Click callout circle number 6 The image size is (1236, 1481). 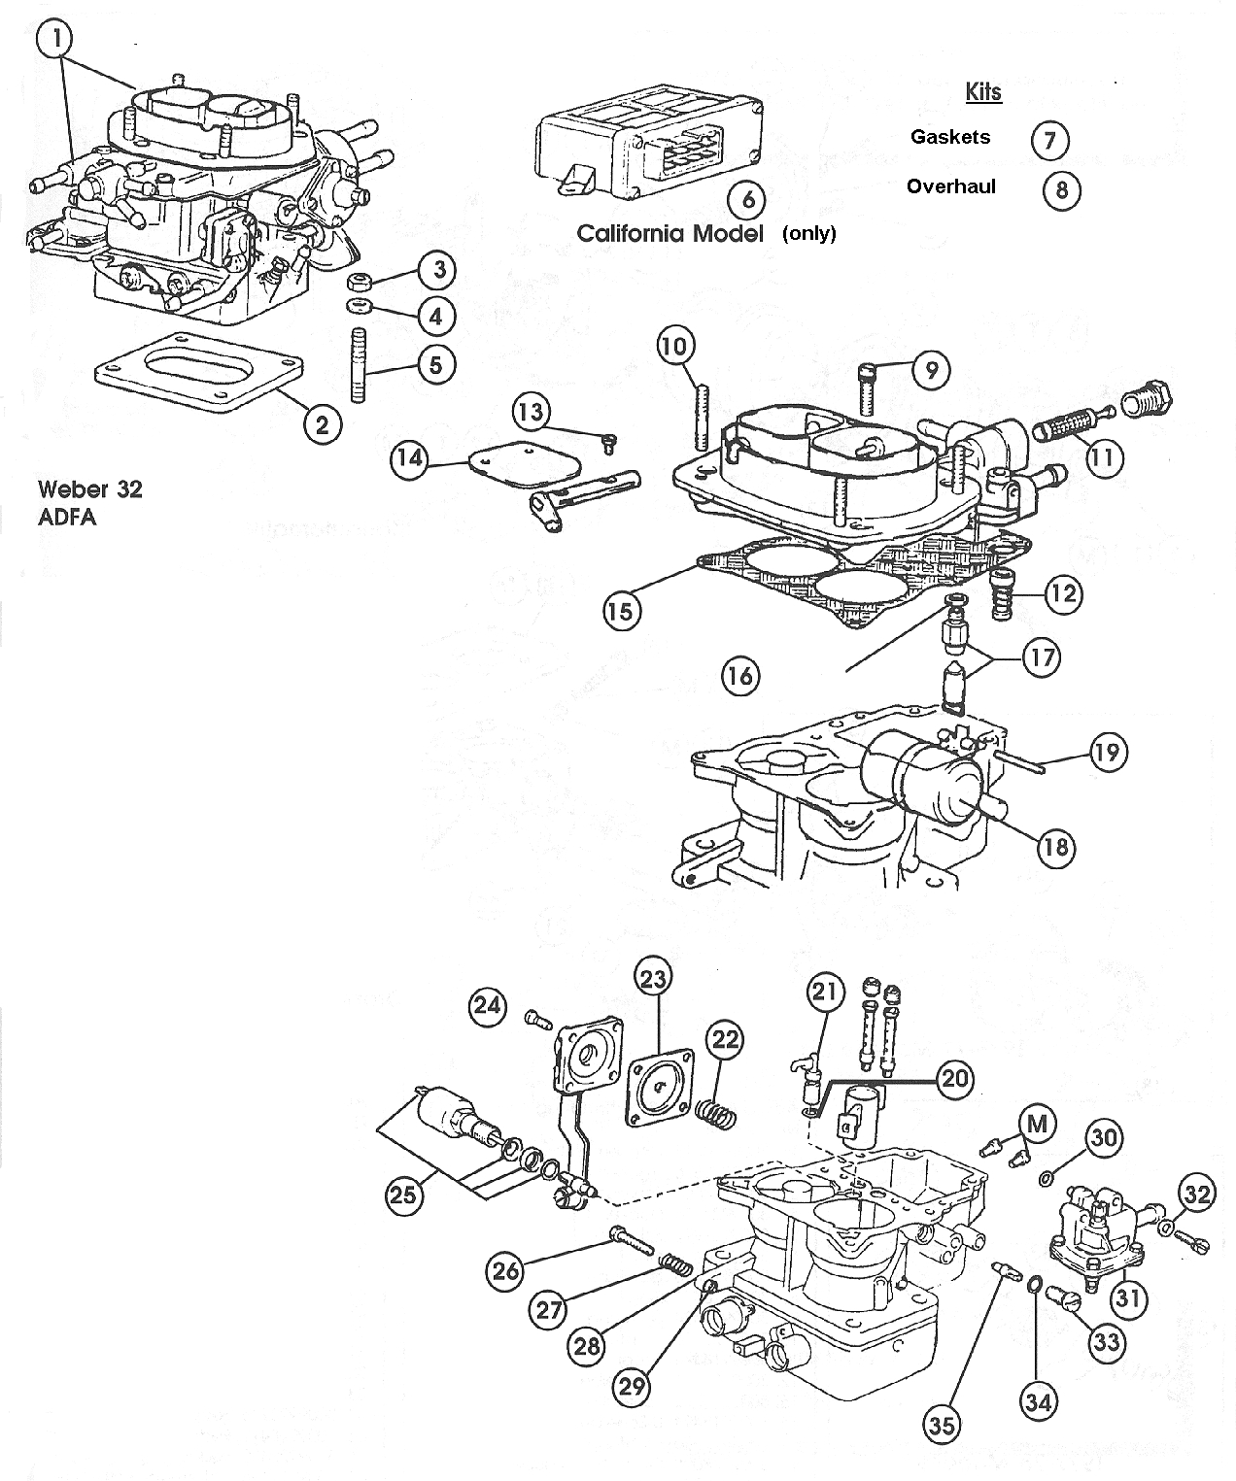[747, 199]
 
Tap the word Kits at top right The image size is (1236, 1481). [983, 92]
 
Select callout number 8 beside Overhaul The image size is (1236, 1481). [1061, 188]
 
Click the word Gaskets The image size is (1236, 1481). [949, 137]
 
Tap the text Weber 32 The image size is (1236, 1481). [89, 488]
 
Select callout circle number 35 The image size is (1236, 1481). [941, 1424]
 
